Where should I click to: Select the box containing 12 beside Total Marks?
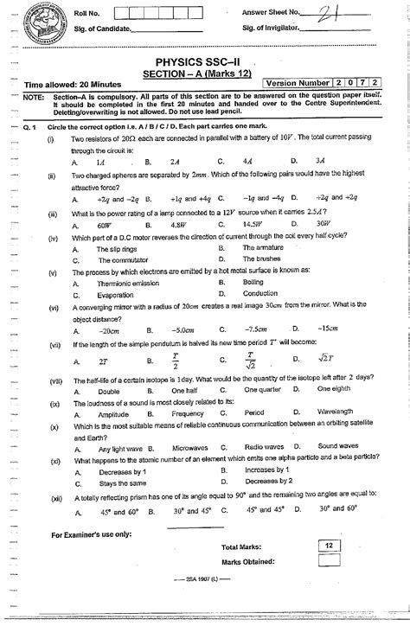coord(329,546)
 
